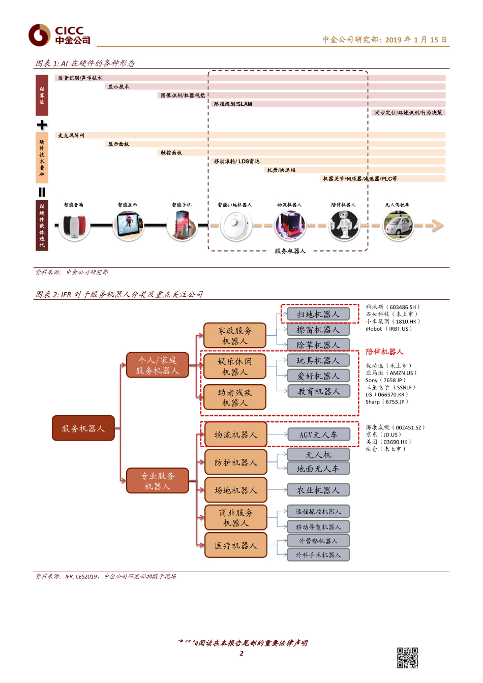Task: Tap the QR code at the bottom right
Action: coord(407,658)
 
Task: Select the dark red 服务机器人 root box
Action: coord(83,428)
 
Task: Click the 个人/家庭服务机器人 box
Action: coord(158,365)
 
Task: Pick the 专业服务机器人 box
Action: coord(158,481)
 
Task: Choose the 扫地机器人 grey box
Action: coord(318,314)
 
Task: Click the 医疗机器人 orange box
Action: coord(236,545)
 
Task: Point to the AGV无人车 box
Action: coord(318,434)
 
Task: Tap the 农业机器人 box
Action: coord(318,490)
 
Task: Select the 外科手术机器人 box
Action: coord(318,554)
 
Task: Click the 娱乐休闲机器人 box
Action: coord(235,366)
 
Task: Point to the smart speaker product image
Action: coord(74,225)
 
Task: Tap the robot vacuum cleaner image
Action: coord(236,225)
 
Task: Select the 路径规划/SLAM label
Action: coord(233,104)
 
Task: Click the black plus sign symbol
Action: coord(42,125)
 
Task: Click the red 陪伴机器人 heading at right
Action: coord(384,352)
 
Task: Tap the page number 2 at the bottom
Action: coord(242,654)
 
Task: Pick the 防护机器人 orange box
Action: coord(236,462)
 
